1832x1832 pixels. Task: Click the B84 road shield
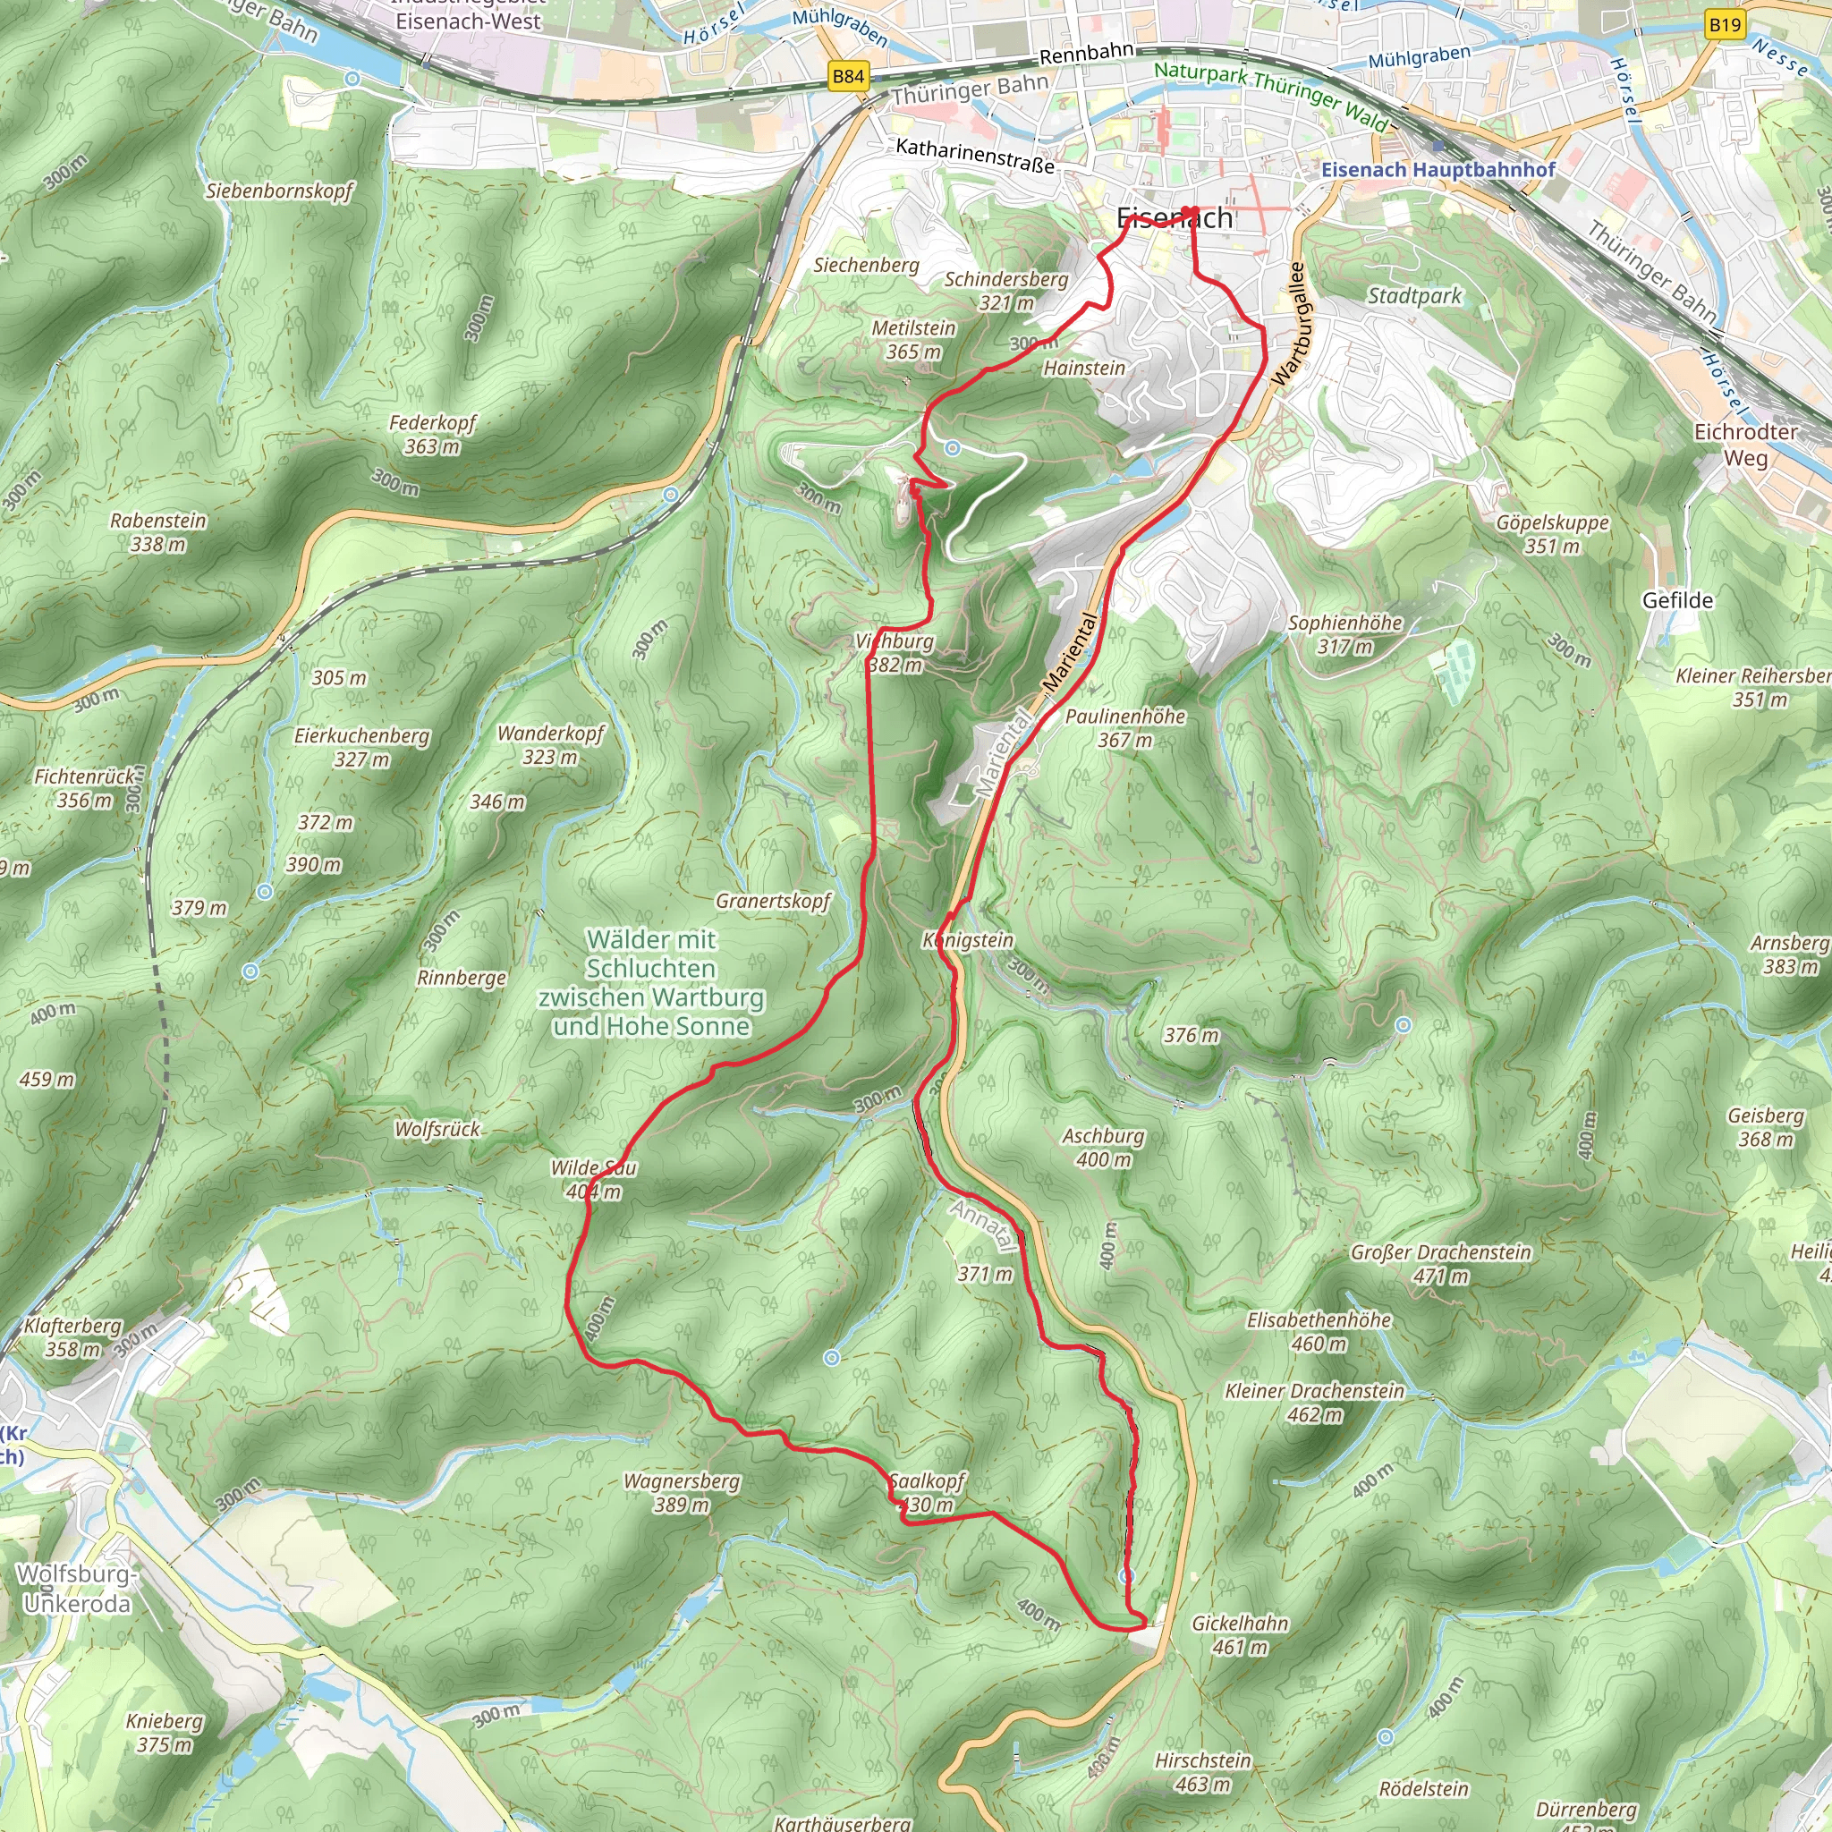(x=848, y=77)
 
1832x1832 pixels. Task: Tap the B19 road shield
(x=1725, y=24)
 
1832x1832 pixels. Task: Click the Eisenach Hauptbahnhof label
(x=1438, y=170)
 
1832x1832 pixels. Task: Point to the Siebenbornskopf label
(x=279, y=191)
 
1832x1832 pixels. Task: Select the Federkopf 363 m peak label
(x=431, y=434)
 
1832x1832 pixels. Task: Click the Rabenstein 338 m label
(x=157, y=532)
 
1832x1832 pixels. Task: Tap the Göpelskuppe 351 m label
(x=1552, y=534)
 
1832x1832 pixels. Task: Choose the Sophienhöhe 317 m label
(x=1344, y=634)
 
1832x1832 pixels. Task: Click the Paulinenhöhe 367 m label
(x=1124, y=727)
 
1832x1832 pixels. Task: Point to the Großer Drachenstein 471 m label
(x=1440, y=1264)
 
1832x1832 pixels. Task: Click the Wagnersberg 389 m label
(x=681, y=1493)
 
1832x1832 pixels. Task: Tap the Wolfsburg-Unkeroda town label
(x=76, y=1589)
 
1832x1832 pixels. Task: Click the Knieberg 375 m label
(x=164, y=1733)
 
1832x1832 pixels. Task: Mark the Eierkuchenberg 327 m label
(x=361, y=747)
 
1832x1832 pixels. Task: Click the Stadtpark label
(x=1414, y=296)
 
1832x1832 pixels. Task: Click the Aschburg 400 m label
(x=1103, y=1148)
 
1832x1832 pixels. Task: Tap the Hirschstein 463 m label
(x=1202, y=1772)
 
